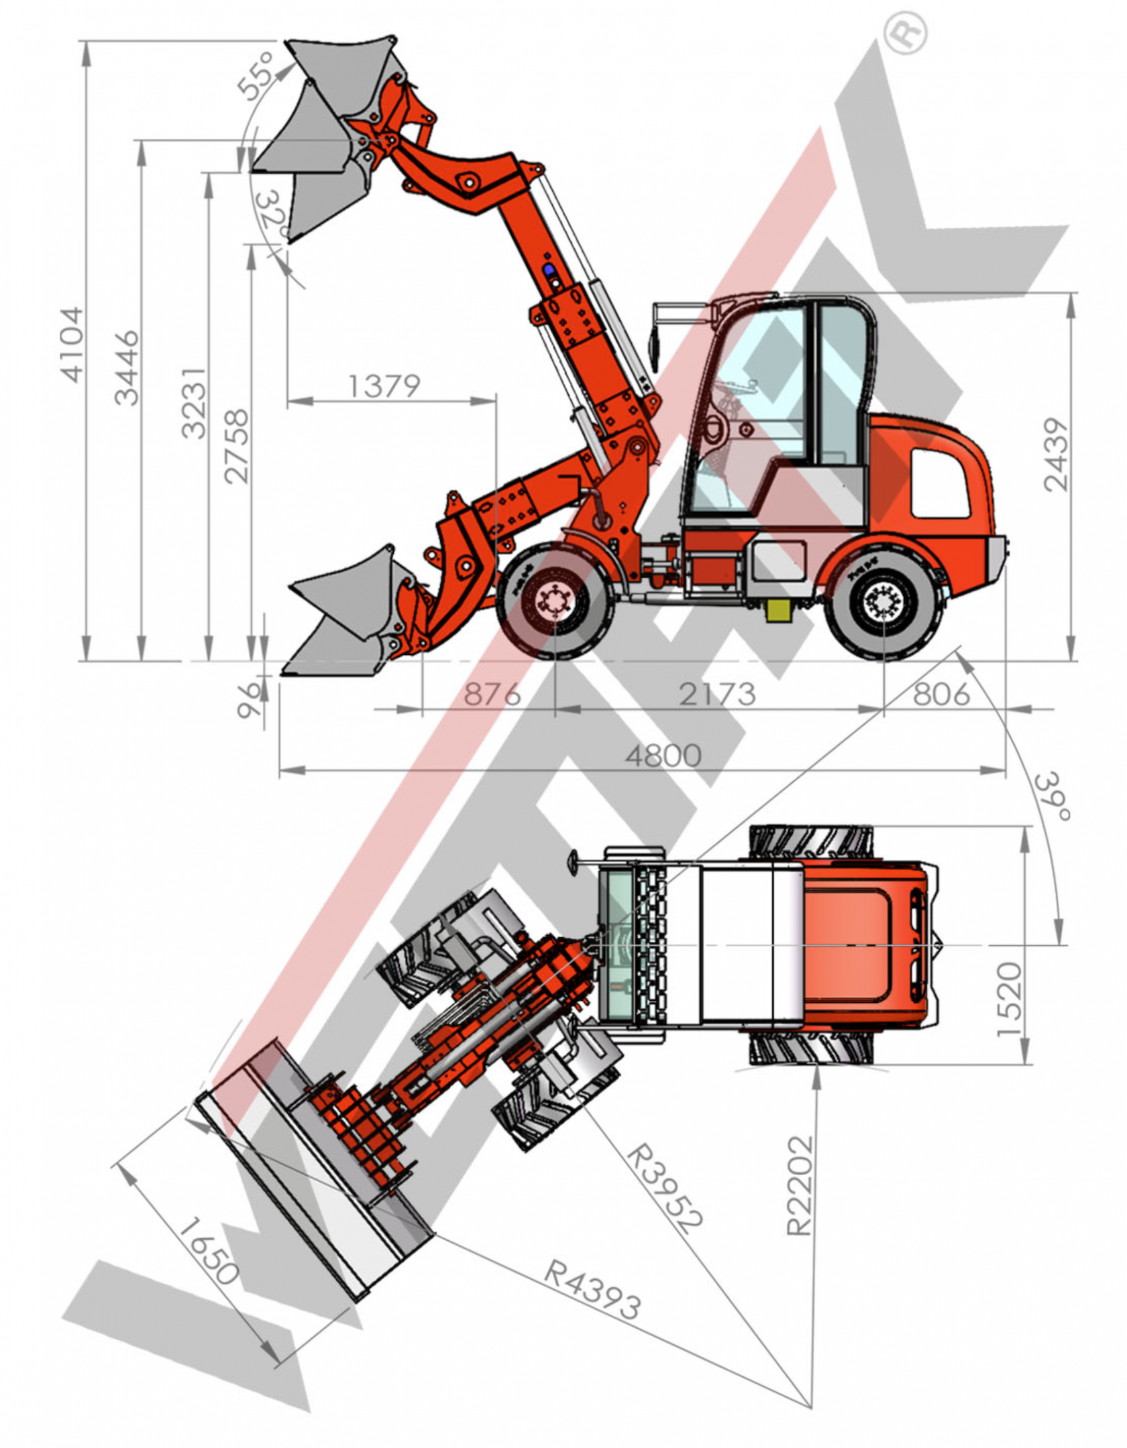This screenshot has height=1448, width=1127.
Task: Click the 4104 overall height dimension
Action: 72,345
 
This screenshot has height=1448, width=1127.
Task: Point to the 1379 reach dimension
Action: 384,385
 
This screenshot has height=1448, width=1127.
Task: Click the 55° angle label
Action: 256,75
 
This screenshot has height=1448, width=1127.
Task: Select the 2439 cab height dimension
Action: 1055,455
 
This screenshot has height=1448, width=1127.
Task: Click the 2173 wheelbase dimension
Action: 717,694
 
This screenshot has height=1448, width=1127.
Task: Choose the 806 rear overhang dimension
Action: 941,694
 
